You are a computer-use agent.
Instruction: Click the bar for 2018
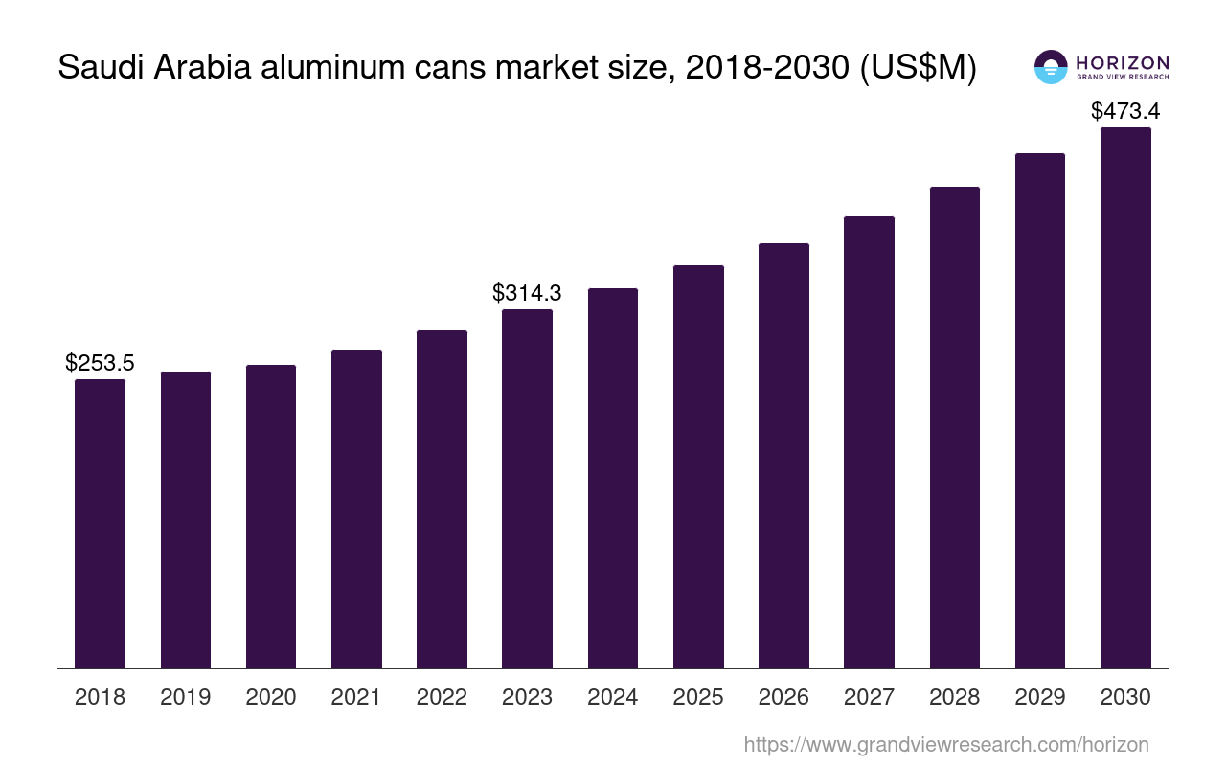point(100,524)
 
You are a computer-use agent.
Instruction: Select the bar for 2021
point(356,509)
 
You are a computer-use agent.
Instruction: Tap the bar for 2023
point(527,488)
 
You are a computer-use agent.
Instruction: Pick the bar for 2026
point(783,456)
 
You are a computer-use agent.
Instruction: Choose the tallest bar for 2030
point(1125,397)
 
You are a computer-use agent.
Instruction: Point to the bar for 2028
point(954,427)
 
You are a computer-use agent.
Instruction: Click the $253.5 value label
point(100,363)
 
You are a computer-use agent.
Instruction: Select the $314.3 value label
point(527,293)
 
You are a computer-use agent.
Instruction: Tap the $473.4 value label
point(1125,111)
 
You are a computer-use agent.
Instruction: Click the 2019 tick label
point(185,697)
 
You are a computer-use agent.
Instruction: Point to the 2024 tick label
point(612,697)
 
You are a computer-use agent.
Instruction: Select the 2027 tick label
point(869,697)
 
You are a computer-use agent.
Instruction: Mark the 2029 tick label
point(1040,697)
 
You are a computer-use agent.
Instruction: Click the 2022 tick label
point(442,697)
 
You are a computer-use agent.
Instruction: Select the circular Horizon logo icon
point(1051,67)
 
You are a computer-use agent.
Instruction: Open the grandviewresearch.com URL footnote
point(945,745)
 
